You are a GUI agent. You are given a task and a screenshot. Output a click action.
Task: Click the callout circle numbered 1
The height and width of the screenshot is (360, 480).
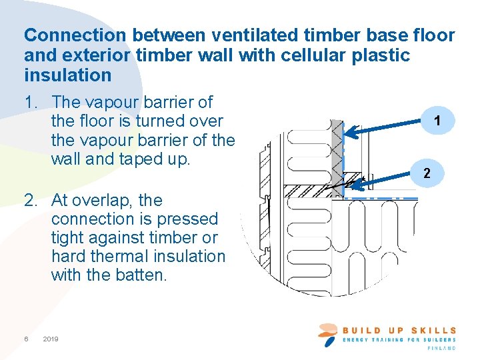[436, 121]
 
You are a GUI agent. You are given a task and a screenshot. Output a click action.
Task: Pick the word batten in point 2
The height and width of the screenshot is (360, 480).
[141, 275]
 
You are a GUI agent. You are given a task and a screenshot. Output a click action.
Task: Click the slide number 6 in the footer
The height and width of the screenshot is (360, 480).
[26, 339]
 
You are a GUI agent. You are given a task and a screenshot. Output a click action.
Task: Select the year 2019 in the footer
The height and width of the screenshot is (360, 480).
[51, 339]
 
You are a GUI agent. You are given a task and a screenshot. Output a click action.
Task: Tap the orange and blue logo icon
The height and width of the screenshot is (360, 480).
[328, 334]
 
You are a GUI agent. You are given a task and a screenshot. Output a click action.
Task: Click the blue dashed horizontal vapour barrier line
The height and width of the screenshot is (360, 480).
[380, 198]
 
